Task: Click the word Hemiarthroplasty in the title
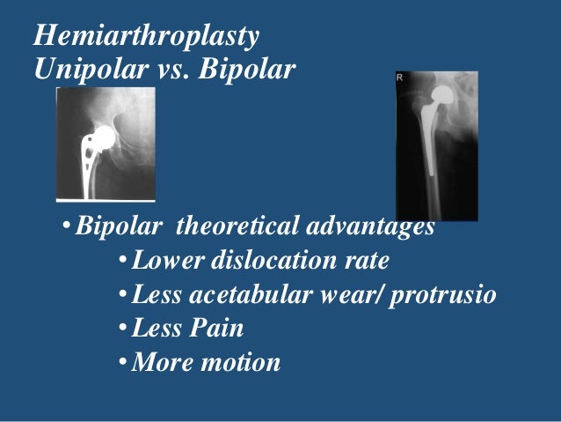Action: point(145,38)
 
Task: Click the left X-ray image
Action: point(106,144)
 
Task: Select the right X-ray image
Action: point(437,146)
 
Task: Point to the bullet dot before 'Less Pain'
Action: point(122,329)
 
